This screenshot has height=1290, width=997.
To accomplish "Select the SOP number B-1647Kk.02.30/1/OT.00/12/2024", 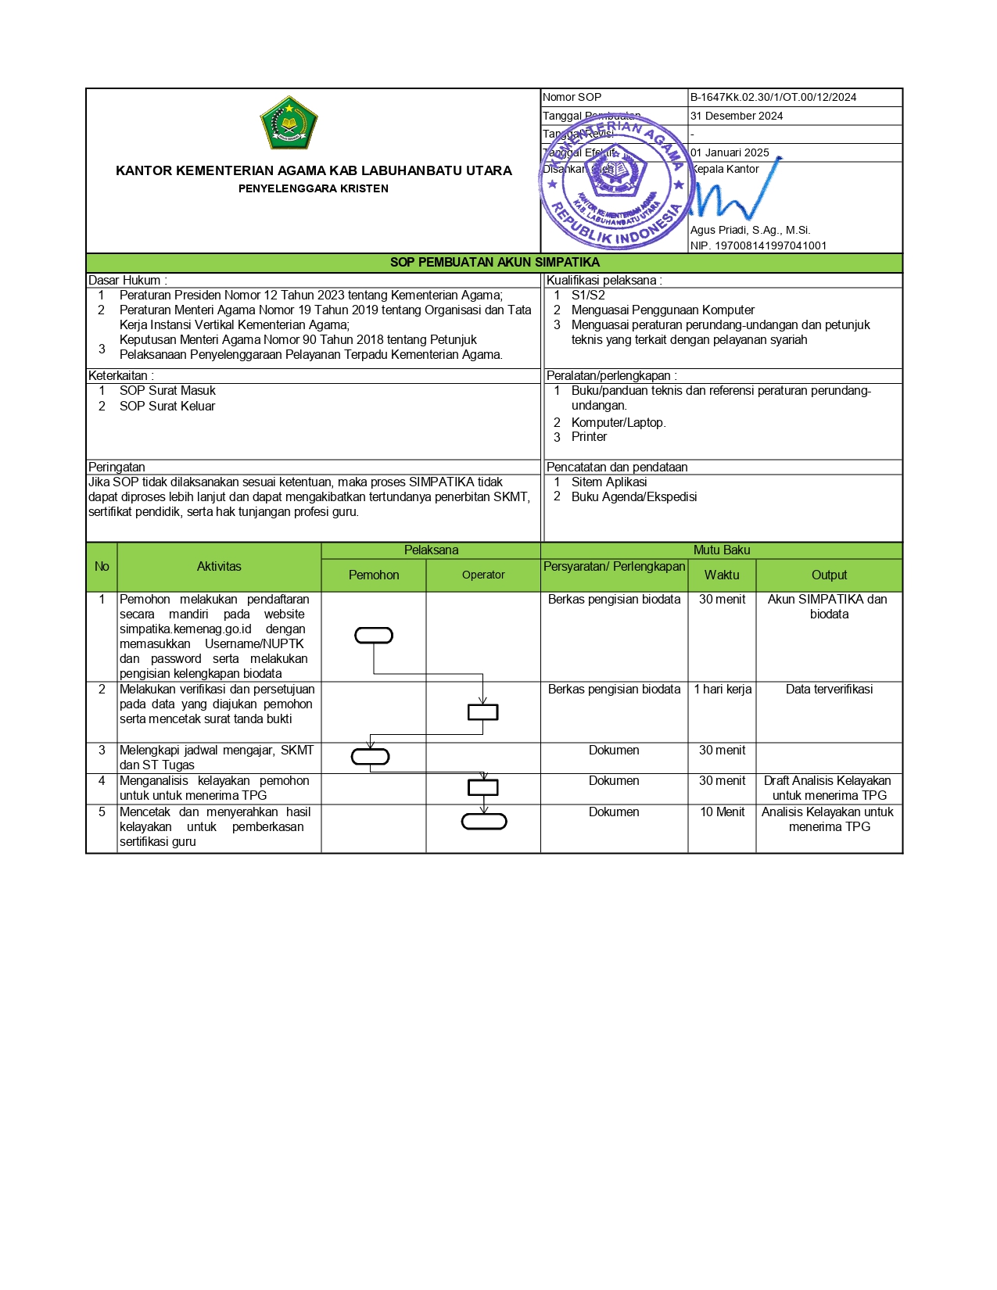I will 773,98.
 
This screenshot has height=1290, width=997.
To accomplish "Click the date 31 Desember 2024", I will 736,116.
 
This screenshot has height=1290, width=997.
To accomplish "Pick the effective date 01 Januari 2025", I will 730,152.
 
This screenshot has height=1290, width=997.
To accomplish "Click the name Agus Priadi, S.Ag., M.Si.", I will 750,230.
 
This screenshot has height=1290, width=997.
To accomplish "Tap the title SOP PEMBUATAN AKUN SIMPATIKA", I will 494,263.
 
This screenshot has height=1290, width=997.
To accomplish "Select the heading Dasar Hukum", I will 127,281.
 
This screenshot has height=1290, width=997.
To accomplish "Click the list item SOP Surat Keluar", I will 167,407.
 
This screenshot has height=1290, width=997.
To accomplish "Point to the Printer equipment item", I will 589,437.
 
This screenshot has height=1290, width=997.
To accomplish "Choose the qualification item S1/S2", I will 588,296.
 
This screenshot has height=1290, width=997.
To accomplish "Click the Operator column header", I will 483,575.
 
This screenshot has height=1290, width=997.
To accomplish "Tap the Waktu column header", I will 721,575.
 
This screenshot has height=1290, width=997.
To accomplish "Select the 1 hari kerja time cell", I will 723,690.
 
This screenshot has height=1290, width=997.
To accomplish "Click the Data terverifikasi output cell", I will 829,690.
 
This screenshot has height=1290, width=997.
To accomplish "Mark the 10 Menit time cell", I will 723,812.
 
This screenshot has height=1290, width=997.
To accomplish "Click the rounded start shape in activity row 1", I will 374,636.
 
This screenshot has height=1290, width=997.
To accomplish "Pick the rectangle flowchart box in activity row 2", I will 482,712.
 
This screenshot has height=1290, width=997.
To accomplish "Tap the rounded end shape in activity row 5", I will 484,822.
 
